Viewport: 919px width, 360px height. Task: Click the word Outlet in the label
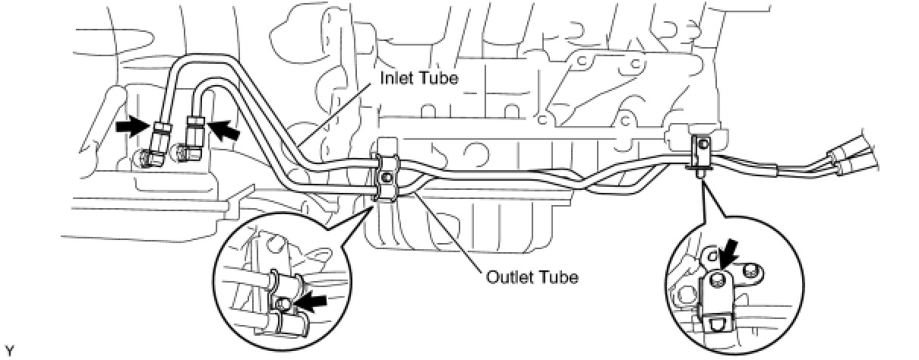pyautogui.click(x=507, y=276)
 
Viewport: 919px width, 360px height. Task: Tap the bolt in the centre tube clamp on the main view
pyautogui.click(x=386, y=178)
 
